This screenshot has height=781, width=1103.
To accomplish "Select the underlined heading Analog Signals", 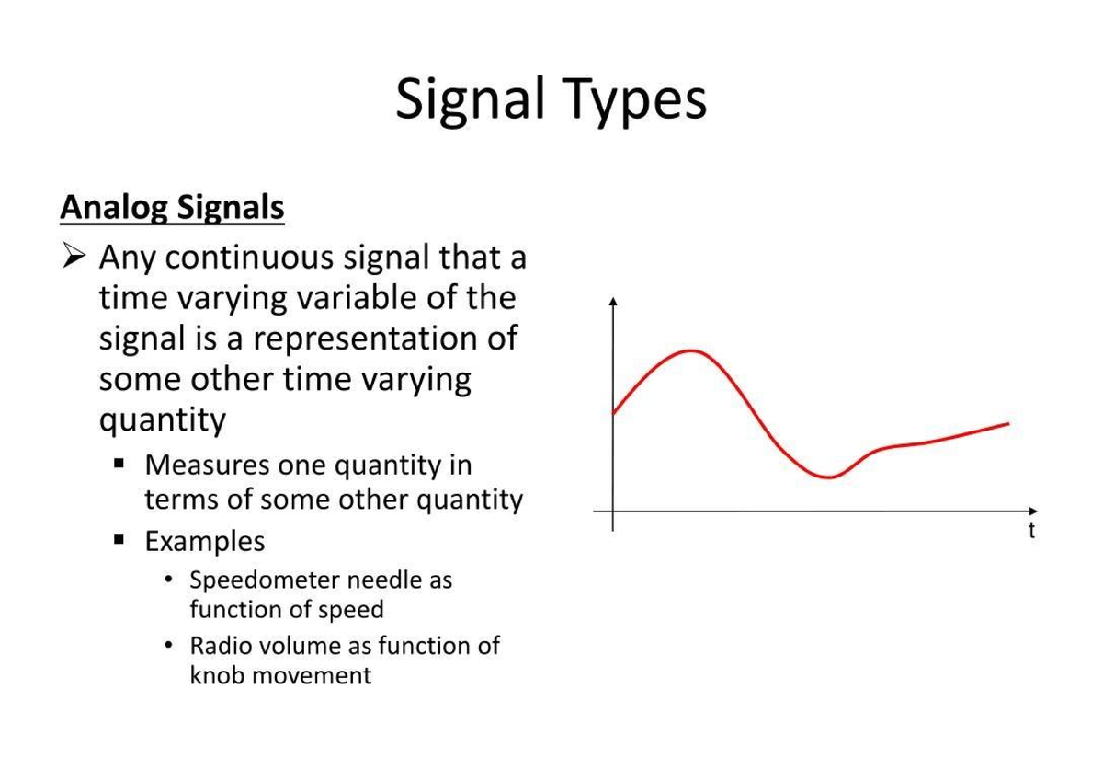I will [172, 208].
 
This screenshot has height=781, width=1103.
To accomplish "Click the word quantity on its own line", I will [162, 419].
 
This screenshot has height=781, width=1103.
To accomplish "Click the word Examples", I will [204, 541].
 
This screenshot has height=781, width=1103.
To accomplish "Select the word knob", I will [218, 675].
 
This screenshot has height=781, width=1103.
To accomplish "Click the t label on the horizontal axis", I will [1031, 531].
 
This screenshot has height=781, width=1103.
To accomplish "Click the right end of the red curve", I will [1008, 424].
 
